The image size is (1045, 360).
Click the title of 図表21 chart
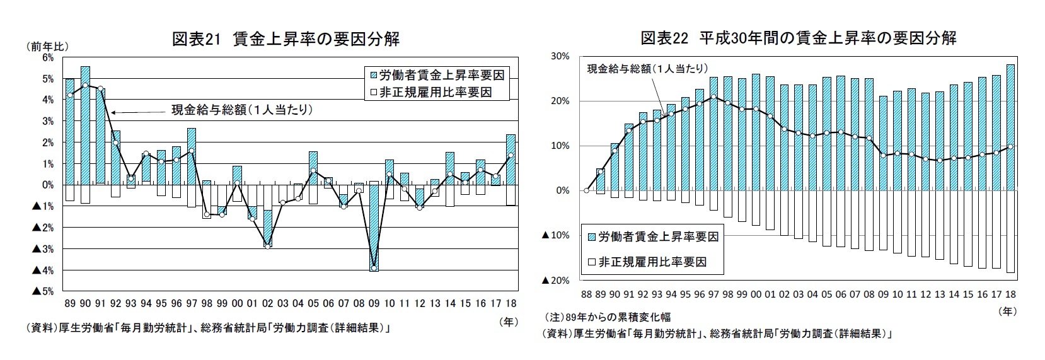[286, 39]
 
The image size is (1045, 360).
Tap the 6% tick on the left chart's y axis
[48, 57]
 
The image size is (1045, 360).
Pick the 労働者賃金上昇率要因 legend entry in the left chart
[441, 75]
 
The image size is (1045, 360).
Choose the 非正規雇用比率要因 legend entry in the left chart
[441, 92]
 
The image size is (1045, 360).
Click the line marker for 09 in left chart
[374, 268]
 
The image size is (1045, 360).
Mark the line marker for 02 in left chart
[267, 246]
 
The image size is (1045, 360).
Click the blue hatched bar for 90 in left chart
[85, 126]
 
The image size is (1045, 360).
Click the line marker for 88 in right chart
[586, 190]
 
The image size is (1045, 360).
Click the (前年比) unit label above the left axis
[47, 46]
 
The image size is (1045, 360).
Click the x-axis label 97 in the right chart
[713, 294]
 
